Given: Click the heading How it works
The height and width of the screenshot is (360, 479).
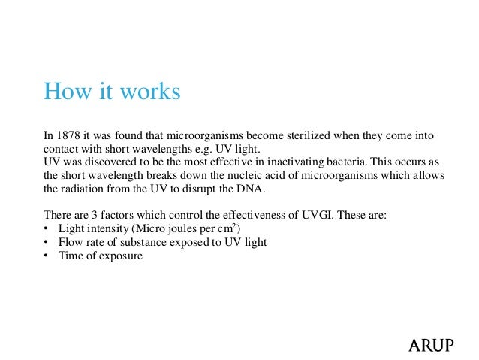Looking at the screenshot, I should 112,92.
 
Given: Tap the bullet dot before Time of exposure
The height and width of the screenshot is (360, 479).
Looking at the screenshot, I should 47,256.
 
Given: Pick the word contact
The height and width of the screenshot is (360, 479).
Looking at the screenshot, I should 62,149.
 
